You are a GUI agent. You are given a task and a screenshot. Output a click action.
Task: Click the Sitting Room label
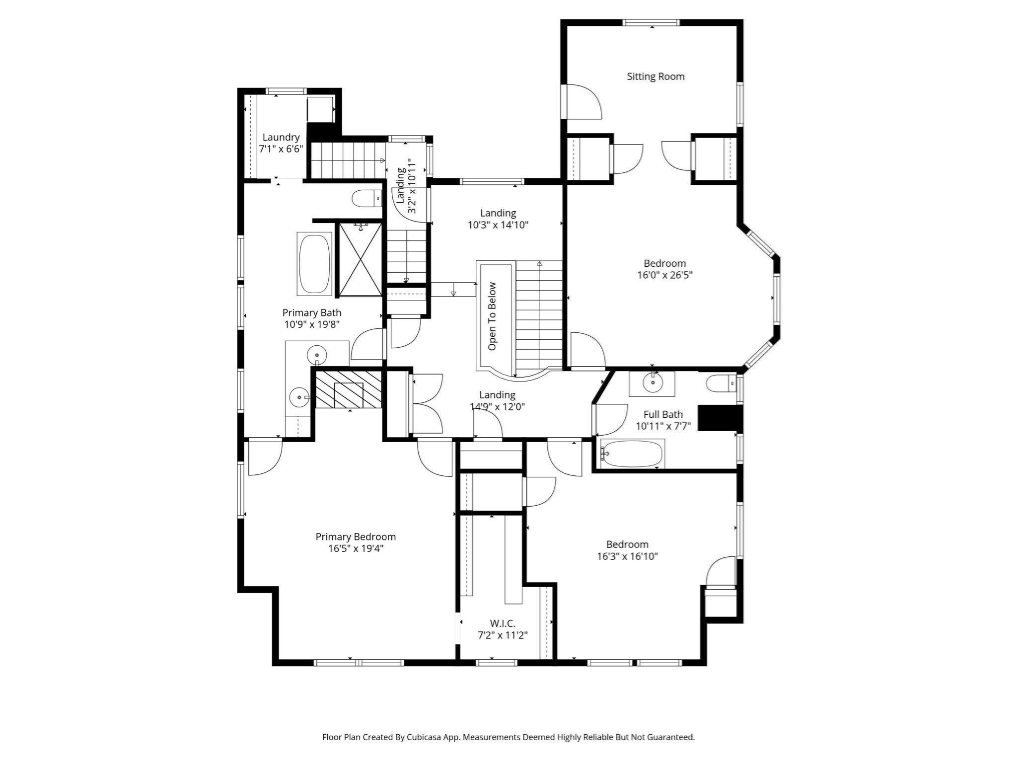(x=655, y=76)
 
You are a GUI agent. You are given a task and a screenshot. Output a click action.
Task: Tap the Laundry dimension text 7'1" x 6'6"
(x=281, y=149)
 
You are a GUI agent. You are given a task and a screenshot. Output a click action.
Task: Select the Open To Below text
(x=492, y=316)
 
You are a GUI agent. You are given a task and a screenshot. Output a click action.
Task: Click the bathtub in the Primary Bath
(x=314, y=263)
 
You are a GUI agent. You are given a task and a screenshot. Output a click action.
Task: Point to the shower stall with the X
(x=360, y=259)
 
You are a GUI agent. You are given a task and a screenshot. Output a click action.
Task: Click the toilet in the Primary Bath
(x=366, y=199)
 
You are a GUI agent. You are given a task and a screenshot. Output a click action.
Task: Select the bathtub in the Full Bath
(x=632, y=454)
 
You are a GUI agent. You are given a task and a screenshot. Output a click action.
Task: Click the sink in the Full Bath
(x=652, y=382)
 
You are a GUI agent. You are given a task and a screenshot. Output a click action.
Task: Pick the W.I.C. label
(x=503, y=623)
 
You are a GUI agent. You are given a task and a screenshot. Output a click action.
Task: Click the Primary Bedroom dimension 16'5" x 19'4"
(x=356, y=548)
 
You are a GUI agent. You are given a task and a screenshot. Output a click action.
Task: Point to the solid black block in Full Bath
(x=720, y=418)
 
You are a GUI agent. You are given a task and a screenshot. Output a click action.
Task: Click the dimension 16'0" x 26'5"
(x=664, y=275)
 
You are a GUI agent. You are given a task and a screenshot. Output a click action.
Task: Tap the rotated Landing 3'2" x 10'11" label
(x=406, y=186)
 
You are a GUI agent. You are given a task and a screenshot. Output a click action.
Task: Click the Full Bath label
(x=663, y=414)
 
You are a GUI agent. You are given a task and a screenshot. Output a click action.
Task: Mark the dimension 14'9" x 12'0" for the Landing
(x=497, y=407)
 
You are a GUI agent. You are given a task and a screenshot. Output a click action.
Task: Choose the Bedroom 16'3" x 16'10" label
(x=627, y=550)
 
